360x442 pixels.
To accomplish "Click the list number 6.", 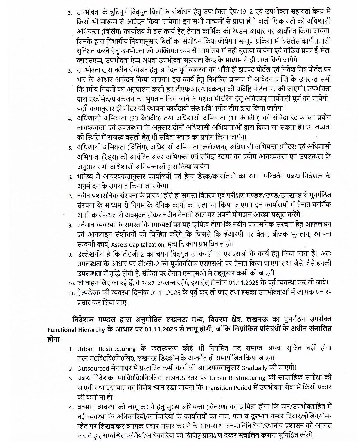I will pyautogui.click(x=70, y=177).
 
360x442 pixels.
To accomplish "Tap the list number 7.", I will pyautogui.click(x=70, y=196).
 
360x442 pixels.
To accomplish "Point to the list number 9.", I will pyautogui.click(x=70, y=255).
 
